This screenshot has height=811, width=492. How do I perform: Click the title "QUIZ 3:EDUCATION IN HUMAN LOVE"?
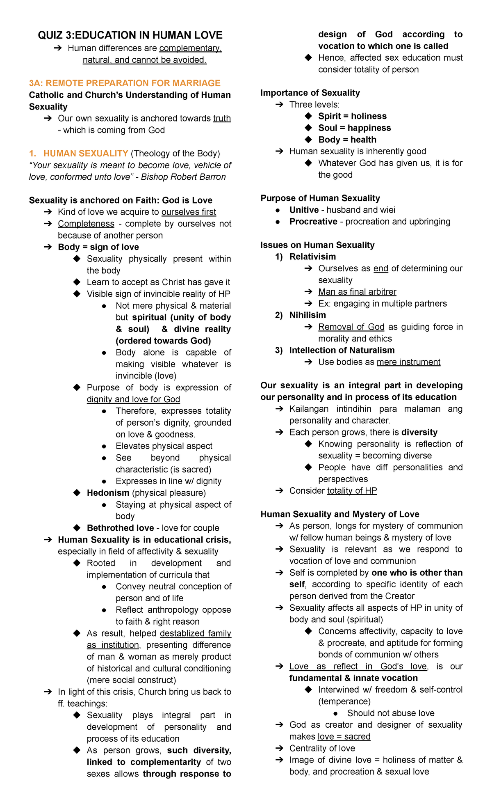[x=130, y=35]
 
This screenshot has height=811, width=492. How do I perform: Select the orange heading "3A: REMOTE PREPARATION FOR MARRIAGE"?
[x=125, y=83]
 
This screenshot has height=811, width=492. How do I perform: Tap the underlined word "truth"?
[x=222, y=118]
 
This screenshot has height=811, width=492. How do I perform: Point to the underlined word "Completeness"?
[x=86, y=224]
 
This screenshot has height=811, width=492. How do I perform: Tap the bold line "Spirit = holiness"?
[x=352, y=116]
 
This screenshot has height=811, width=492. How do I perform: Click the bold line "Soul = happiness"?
[x=354, y=128]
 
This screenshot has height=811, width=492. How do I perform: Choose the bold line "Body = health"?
[x=347, y=140]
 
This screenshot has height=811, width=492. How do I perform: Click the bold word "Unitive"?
[x=304, y=210]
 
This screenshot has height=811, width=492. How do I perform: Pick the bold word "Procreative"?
[x=313, y=222]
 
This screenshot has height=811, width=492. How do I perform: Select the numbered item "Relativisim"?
[x=312, y=257]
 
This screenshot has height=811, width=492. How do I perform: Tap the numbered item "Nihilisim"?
[x=307, y=315]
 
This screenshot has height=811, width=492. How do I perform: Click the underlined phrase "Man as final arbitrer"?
[x=357, y=292]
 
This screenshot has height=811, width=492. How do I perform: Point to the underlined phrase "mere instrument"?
[x=408, y=362]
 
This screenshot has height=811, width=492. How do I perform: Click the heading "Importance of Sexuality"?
[x=310, y=93]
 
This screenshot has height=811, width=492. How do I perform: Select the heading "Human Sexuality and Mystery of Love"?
[x=339, y=514]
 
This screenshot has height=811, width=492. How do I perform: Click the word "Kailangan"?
[x=309, y=409]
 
